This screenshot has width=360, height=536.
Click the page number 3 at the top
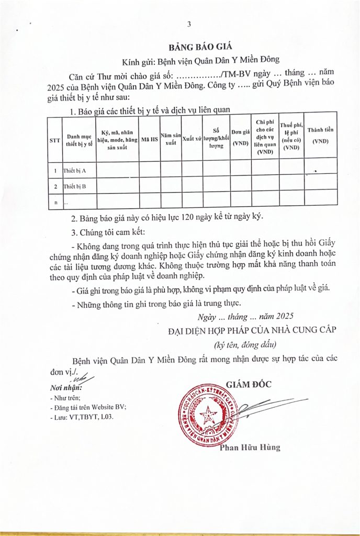(189, 25)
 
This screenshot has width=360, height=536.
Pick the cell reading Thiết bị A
(74, 171)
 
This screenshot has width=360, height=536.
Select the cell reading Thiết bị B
(74, 186)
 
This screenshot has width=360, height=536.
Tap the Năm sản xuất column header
(171, 139)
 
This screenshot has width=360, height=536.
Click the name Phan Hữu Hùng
(250, 448)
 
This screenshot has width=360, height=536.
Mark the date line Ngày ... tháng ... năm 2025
(246, 316)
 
